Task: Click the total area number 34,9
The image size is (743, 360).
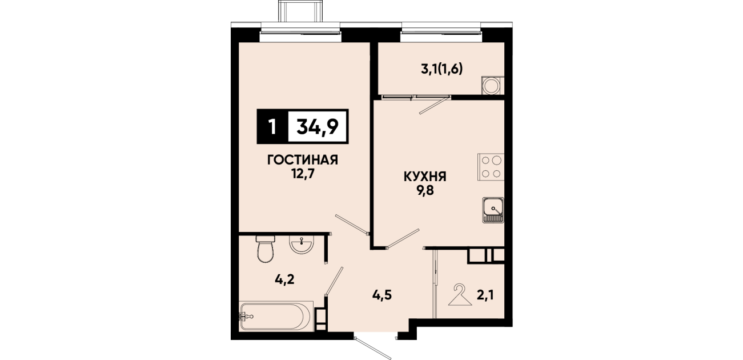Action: coord(318,126)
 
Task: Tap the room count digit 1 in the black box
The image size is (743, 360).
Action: coord(272,127)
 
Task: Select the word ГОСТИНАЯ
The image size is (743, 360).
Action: coord(303,160)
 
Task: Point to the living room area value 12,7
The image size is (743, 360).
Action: coord(303,174)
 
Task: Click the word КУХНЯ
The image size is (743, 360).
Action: coord(425,177)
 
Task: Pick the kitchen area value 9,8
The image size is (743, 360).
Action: coord(425,191)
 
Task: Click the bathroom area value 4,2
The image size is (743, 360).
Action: coord(284,279)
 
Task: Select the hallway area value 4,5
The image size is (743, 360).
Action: coord(382,295)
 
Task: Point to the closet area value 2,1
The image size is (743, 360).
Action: coord(485,295)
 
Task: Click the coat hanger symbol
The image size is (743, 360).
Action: coord(460,295)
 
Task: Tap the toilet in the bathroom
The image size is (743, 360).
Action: coord(266,249)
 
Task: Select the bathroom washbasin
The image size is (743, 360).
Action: coord(301,244)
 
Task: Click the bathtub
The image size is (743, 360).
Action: coord(276,316)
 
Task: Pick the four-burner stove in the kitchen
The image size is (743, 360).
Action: coord(491,167)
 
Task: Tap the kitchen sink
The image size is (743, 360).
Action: coord(493,210)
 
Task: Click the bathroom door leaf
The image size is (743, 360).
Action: coord(334,281)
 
